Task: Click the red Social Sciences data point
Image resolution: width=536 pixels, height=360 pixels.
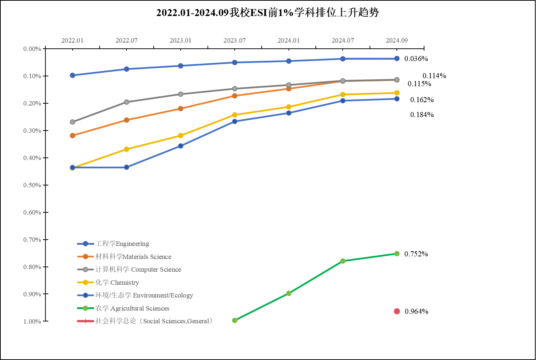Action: pos(397,311)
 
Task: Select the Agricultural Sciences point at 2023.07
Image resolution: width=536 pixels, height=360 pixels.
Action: pos(235,320)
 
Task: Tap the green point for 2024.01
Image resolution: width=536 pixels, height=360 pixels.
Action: pos(289,293)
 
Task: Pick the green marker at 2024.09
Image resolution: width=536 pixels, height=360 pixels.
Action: pos(397,253)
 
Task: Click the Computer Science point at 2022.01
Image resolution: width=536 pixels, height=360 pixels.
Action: pos(72,122)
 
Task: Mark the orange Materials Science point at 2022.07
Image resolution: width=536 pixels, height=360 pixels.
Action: pos(126,120)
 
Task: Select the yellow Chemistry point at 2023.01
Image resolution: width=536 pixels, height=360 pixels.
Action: pos(181,136)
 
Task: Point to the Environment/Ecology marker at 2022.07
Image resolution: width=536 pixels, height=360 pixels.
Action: pos(126,167)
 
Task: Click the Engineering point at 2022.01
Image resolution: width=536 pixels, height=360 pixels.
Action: pos(72,75)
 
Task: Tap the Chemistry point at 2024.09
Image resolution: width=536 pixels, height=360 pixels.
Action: pos(397,93)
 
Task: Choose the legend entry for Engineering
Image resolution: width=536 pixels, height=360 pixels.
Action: pos(122,244)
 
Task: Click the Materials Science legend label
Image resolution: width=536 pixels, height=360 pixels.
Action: pos(133,257)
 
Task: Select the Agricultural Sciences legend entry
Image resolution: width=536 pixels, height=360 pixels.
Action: pos(132,308)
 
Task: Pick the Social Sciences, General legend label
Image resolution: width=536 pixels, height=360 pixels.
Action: pos(154,321)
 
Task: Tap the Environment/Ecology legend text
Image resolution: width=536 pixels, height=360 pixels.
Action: pos(144,295)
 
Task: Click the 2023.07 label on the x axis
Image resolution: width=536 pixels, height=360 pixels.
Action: pos(235,40)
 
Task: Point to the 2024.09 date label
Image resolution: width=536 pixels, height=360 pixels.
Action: pos(397,40)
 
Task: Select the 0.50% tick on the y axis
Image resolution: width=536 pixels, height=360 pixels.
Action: pos(32,185)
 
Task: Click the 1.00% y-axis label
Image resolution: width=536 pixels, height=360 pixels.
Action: pos(32,321)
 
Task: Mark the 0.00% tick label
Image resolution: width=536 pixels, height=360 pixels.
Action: pos(32,49)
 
